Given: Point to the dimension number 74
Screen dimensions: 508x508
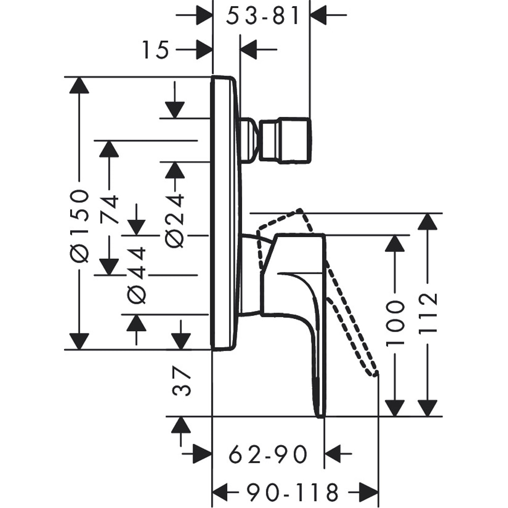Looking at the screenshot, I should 109,209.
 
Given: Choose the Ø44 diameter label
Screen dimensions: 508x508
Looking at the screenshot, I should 136,275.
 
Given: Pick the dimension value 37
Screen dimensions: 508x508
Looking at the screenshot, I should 181,383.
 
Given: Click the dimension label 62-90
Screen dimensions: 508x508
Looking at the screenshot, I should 268,453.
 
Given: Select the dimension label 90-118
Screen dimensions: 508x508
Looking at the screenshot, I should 293,492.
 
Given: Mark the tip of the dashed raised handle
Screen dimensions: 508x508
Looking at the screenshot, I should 376,374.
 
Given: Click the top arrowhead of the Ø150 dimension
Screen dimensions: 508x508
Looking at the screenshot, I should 79,85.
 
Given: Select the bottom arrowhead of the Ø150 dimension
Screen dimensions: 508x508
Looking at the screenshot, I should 79,342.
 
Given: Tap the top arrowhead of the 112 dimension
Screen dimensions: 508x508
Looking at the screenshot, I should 428,221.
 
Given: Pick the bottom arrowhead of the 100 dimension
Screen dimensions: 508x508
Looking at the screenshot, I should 395,408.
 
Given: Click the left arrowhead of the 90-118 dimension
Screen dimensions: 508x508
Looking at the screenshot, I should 220,492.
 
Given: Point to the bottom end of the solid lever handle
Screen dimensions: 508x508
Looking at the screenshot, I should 320,415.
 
